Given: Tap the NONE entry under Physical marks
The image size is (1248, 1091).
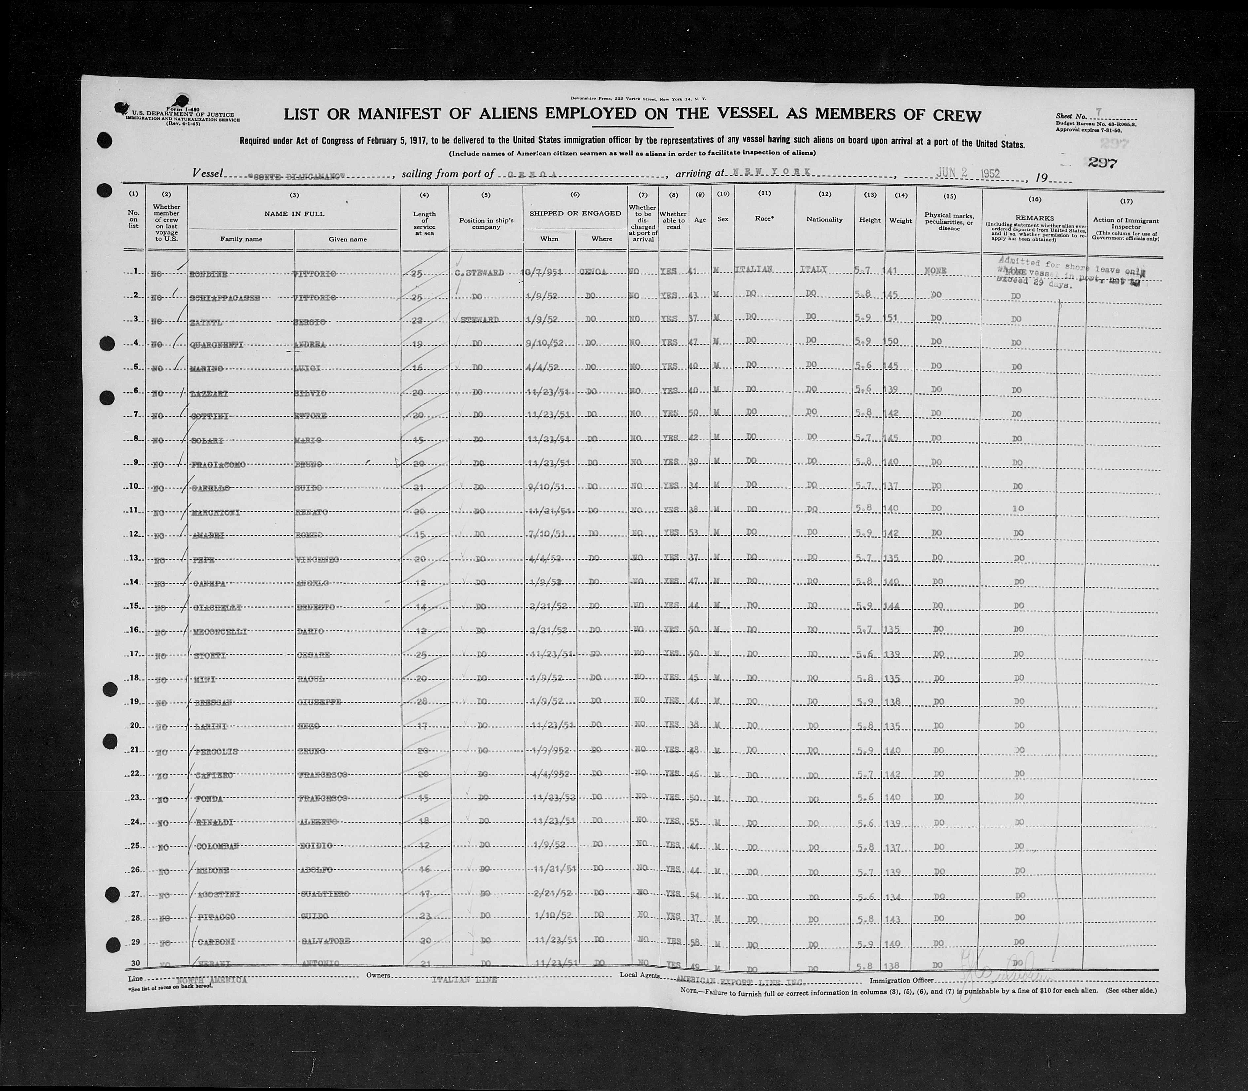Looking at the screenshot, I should pyautogui.click(x=935, y=271).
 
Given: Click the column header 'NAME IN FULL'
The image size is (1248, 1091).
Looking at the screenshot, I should pyautogui.click(x=294, y=214).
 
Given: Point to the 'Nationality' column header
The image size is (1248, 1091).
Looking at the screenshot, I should pyautogui.click(x=824, y=219).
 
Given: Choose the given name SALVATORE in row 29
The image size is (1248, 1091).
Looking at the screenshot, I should pyautogui.click(x=326, y=941).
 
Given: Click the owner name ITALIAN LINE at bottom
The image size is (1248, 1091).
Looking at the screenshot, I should pyautogui.click(x=464, y=980).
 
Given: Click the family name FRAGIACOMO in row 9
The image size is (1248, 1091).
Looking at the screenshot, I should pyautogui.click(x=218, y=465).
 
